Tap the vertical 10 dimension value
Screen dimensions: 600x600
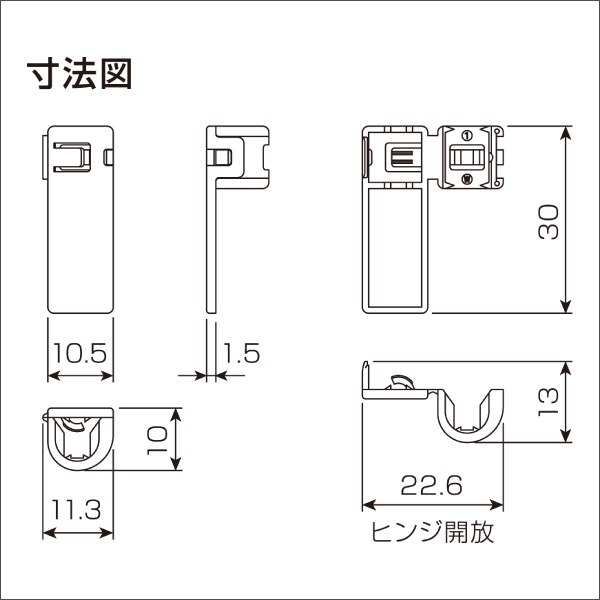[x=155, y=438]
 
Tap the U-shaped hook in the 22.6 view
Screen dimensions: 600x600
[x=469, y=420]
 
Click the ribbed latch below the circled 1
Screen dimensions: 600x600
[x=466, y=158]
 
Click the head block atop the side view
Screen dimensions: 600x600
[x=240, y=155]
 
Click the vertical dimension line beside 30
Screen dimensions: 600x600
[x=567, y=220]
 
